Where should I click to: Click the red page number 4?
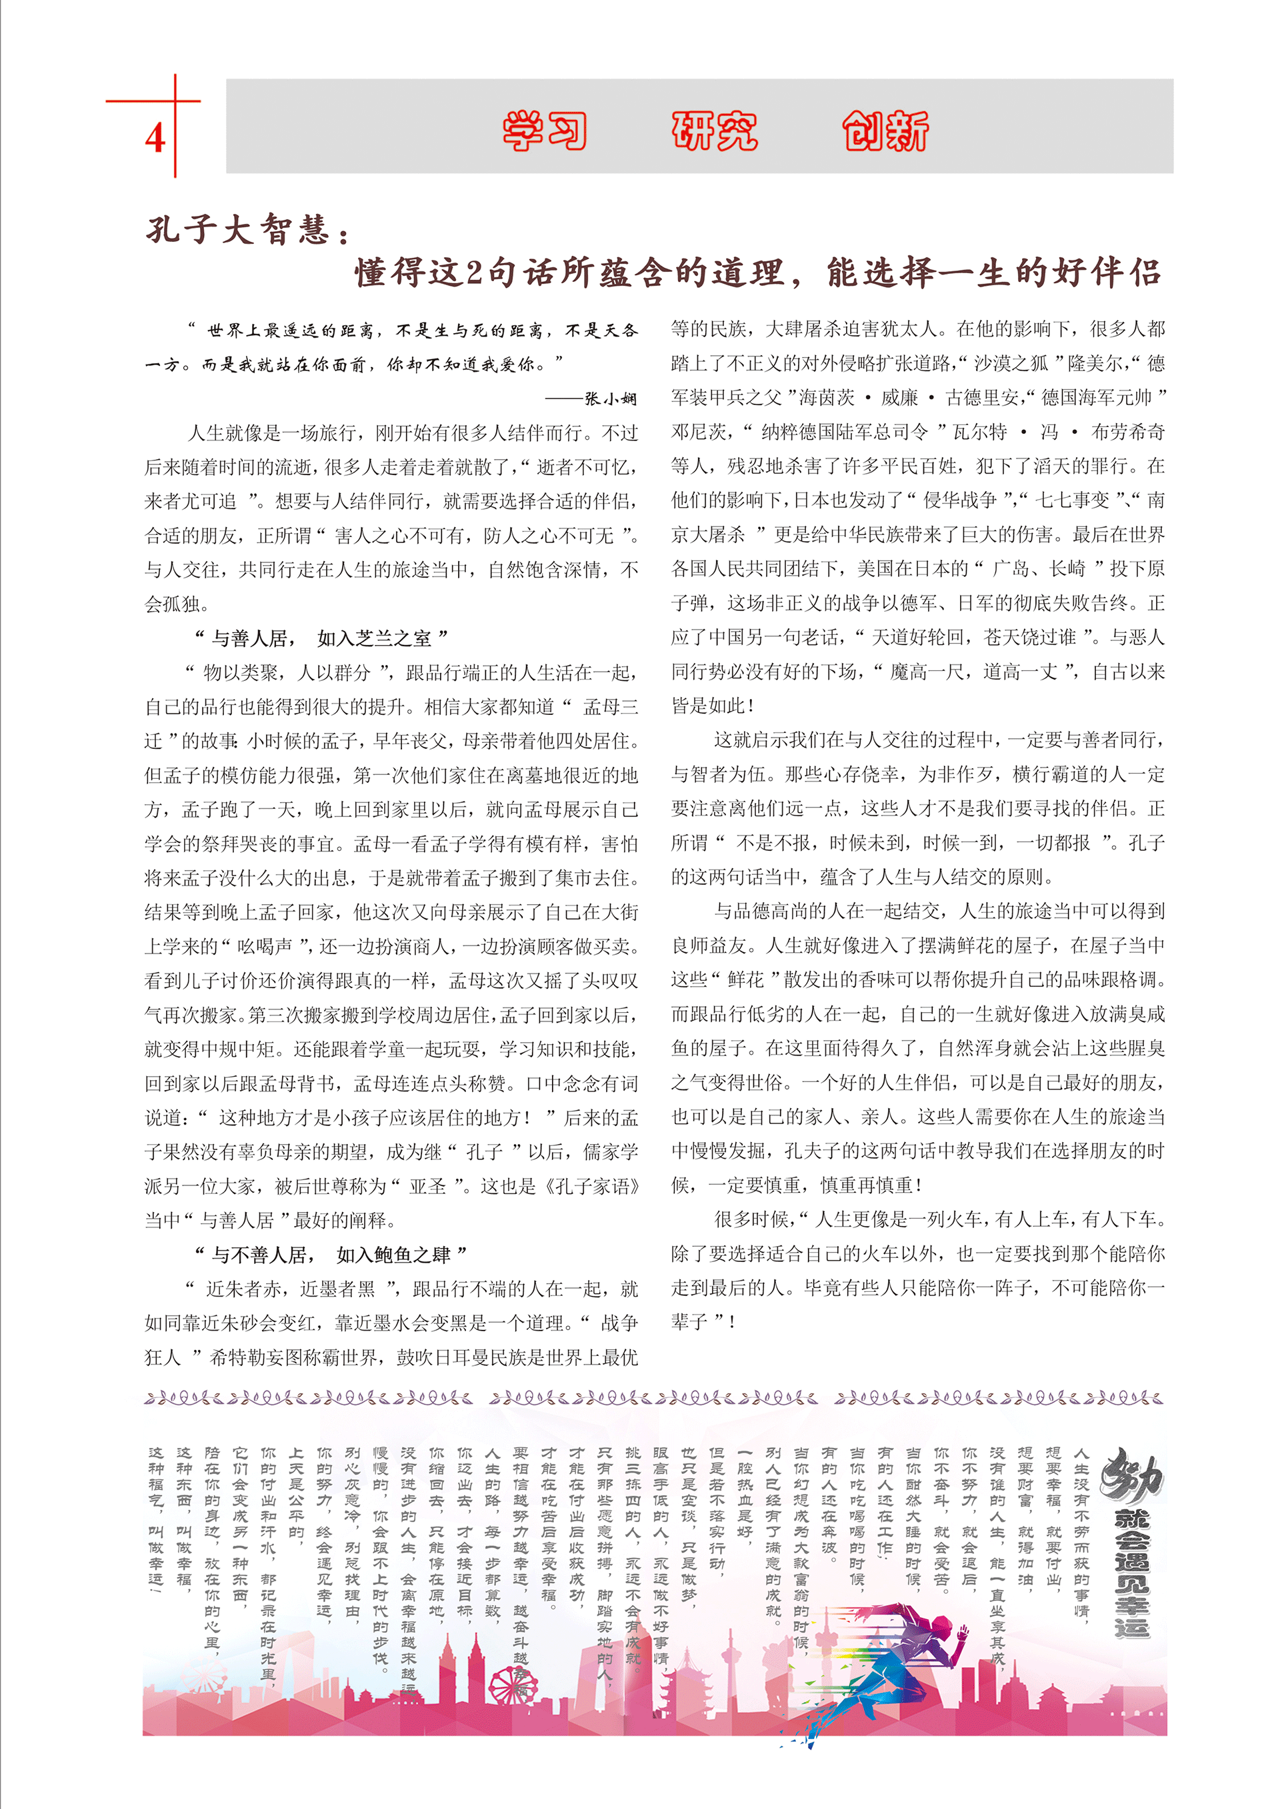pos(155,139)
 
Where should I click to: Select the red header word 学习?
pos(545,130)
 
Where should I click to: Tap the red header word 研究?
pos(714,130)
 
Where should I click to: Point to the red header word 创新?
pos(885,130)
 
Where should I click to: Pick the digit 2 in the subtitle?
pos(474,273)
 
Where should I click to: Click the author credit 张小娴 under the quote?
pos(611,398)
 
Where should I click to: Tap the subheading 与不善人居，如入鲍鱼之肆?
pos(332,1255)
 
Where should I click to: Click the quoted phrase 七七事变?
pos(1071,501)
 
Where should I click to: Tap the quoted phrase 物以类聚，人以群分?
pos(287,673)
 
